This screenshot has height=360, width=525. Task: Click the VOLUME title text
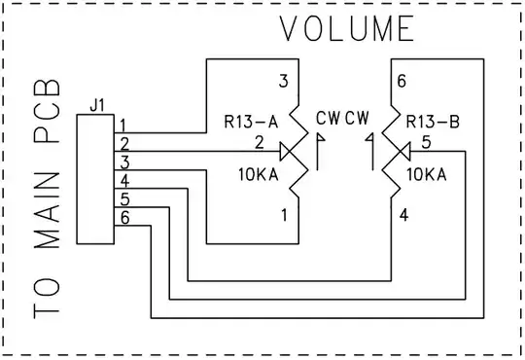pos(347,29)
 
